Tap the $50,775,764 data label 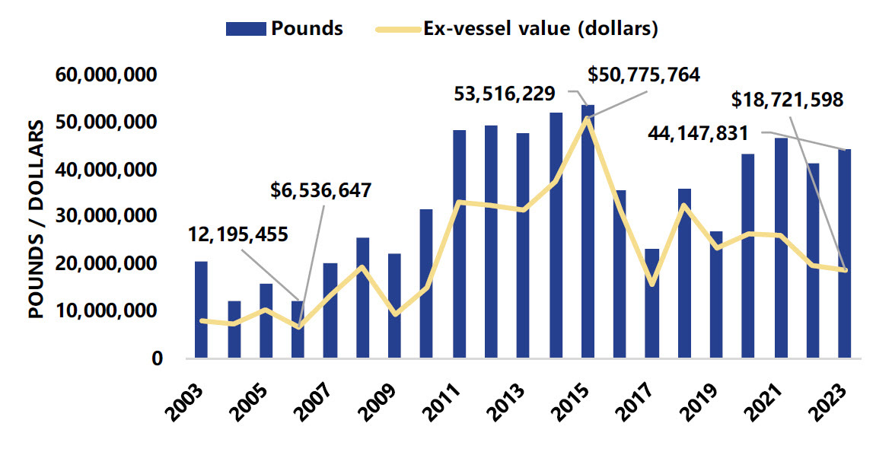click(644, 75)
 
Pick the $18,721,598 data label click(787, 100)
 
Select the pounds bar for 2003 click(201, 310)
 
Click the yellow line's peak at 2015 click(588, 119)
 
